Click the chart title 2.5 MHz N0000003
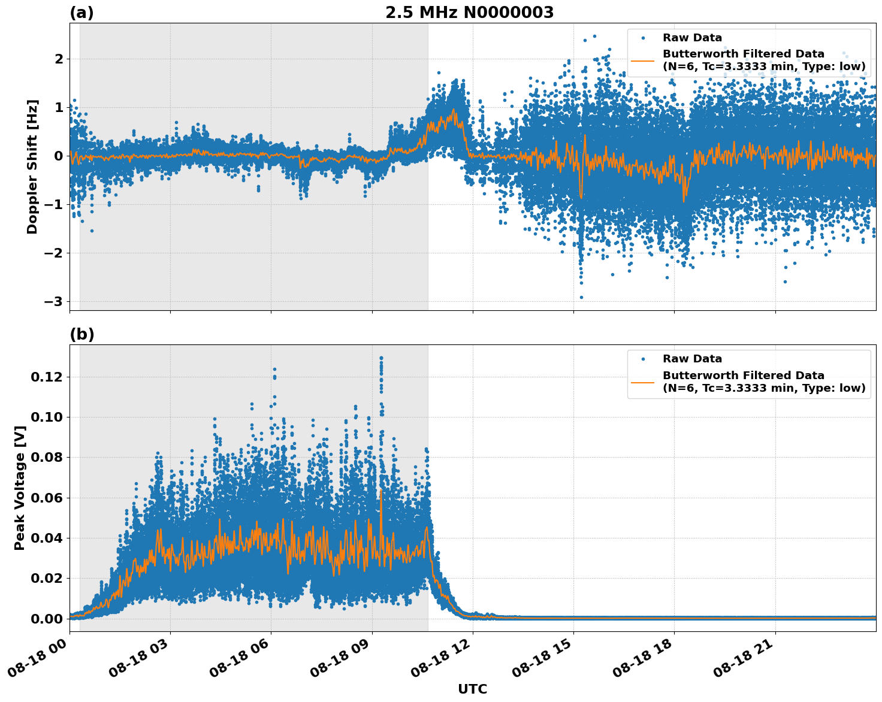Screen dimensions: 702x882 click(469, 13)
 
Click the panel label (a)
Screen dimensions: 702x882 click(81, 13)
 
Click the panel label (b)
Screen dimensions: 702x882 click(81, 334)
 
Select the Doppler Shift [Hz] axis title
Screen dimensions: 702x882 click(32, 167)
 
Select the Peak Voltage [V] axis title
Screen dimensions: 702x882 click(20, 488)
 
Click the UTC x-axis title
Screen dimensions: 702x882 click(472, 689)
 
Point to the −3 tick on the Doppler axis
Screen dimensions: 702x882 click(53, 301)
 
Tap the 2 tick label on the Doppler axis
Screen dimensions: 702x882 click(59, 59)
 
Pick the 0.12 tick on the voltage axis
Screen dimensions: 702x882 click(47, 377)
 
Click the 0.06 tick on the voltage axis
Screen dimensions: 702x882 click(47, 498)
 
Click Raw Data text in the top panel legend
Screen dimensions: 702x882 click(692, 38)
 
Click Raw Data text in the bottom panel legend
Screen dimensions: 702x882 click(692, 359)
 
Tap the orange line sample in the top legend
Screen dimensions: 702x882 click(642, 60)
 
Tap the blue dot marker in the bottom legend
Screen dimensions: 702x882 click(643, 359)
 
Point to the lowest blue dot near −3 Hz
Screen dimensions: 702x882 click(581, 297)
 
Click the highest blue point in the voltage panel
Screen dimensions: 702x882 click(381, 358)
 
